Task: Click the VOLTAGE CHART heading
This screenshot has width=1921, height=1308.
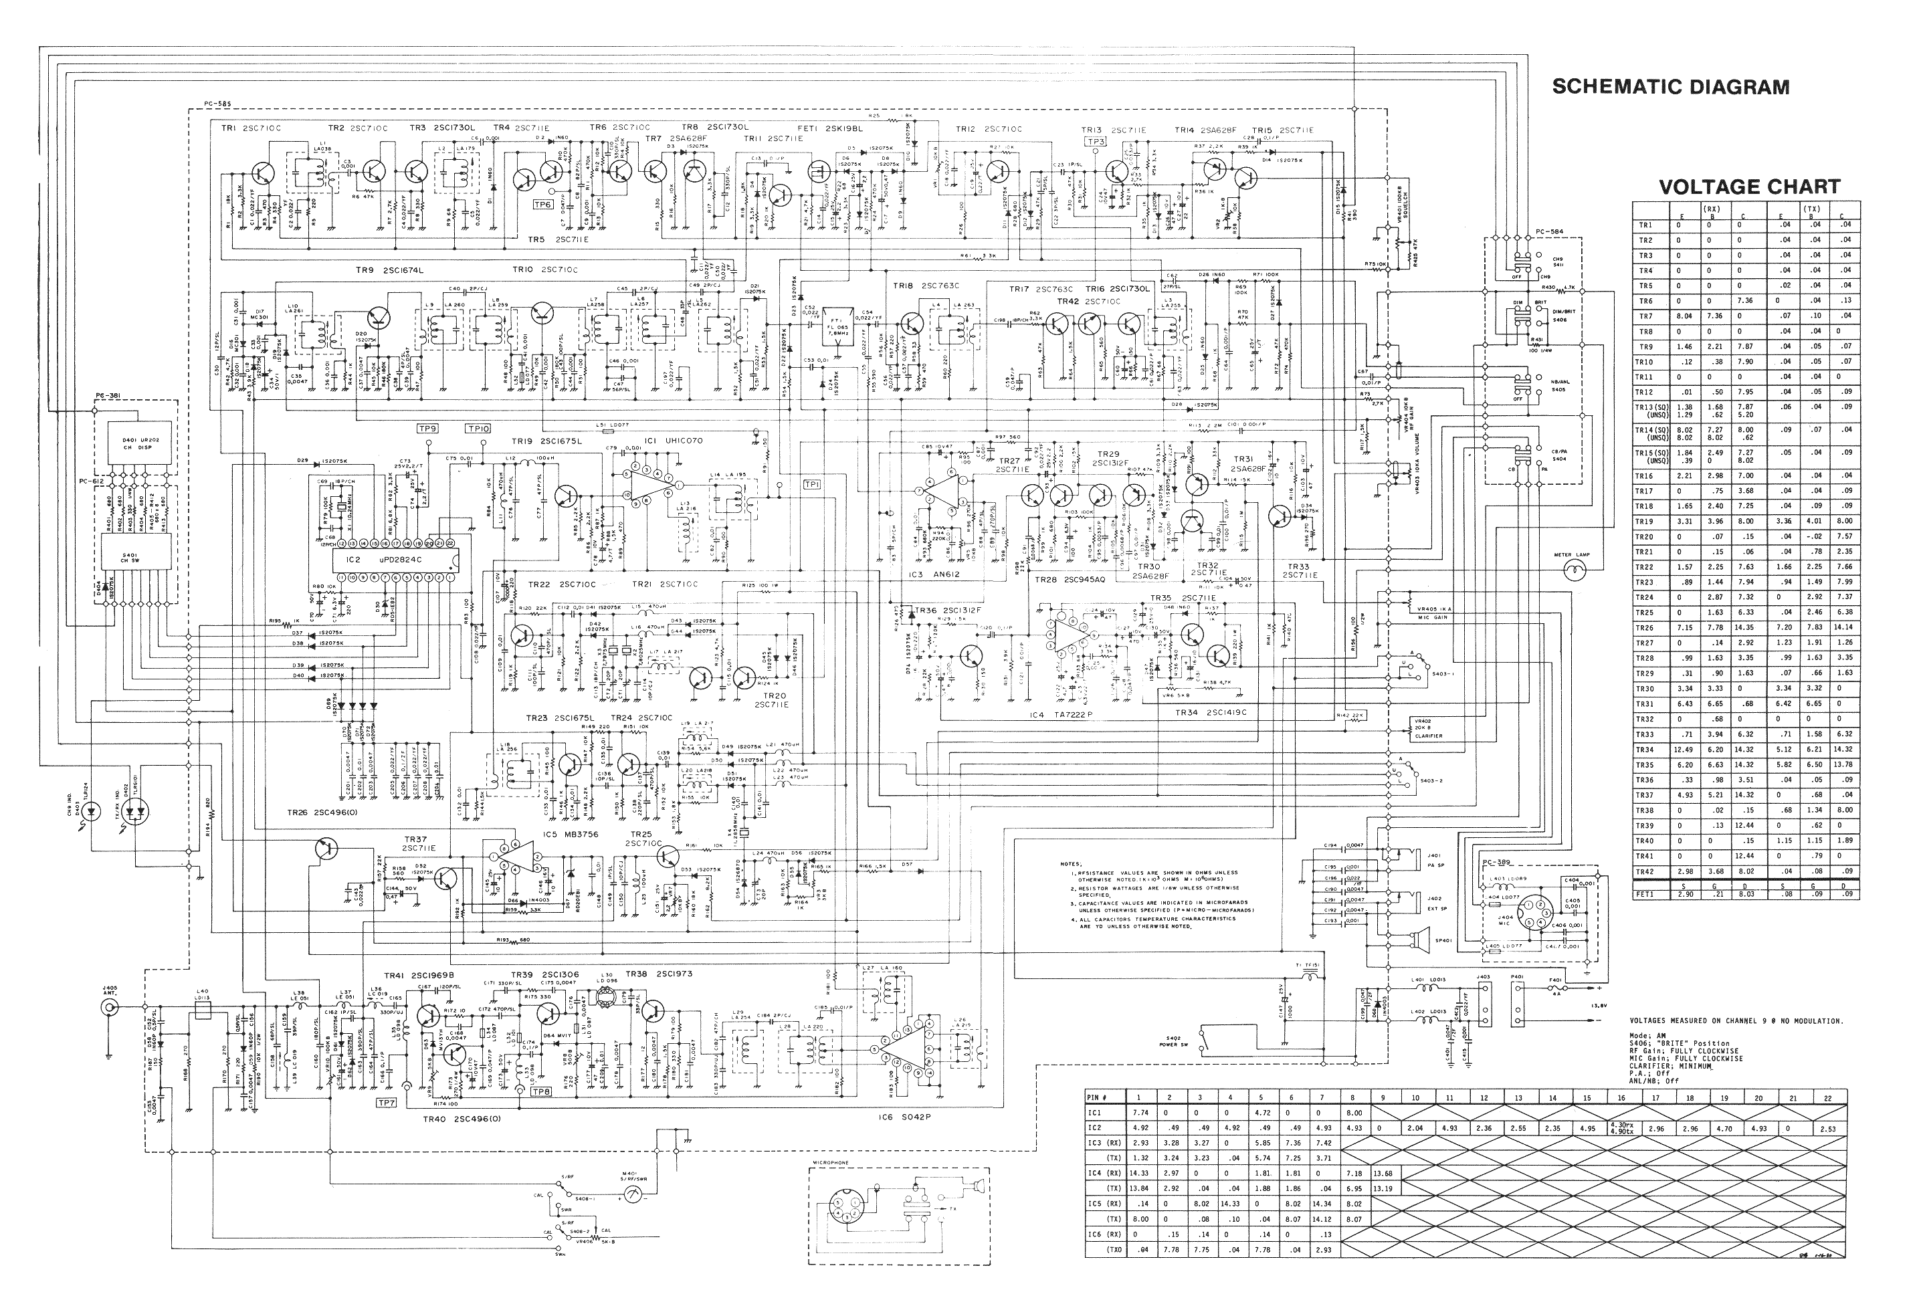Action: click(x=1749, y=187)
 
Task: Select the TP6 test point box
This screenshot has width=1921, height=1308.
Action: click(x=543, y=204)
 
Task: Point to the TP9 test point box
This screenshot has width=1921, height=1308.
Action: click(x=427, y=428)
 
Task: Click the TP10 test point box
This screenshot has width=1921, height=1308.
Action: click(x=478, y=428)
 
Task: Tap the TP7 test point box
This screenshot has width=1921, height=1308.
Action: click(x=386, y=1102)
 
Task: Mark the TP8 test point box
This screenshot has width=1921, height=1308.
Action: click(x=540, y=1091)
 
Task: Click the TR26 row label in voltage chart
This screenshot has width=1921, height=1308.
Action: click(x=1645, y=628)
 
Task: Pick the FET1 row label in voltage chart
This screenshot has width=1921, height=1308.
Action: click(x=1645, y=894)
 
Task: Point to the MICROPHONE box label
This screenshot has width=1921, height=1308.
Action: click(x=831, y=1163)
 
